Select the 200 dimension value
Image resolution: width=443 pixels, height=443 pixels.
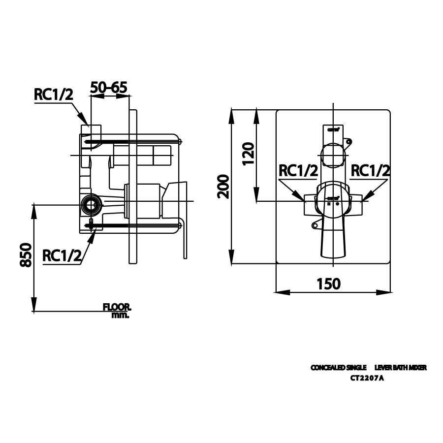pos(223,186)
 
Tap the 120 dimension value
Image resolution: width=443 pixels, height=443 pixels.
pos(248,154)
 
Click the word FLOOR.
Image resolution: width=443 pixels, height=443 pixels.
pos(117,307)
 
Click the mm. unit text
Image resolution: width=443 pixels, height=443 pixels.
pos(120,315)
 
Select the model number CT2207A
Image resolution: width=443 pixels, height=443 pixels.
pos(367,379)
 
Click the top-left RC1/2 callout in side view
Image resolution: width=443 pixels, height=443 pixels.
pos(53,95)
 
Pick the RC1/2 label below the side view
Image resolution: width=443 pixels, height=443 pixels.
pos(62,255)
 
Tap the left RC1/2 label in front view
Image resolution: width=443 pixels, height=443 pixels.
pos(298,171)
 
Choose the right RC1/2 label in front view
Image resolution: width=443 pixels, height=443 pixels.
pos(371,171)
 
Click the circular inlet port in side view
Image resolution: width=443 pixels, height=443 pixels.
pos(90,204)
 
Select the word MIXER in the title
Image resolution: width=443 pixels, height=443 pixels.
pos(416,368)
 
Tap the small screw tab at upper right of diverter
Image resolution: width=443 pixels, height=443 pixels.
pos(349,142)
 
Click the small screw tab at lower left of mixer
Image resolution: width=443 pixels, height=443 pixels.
pos(314,226)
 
